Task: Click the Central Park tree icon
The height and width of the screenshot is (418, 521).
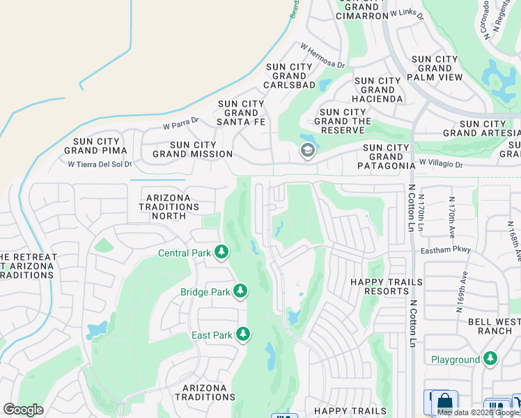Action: [221, 252]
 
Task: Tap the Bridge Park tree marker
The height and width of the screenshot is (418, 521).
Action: [240, 291]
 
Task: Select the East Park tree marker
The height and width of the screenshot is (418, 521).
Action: [243, 335]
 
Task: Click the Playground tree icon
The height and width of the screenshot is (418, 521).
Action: [490, 359]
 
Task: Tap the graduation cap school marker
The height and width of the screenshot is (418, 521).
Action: [307, 150]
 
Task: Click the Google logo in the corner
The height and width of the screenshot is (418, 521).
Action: [23, 410]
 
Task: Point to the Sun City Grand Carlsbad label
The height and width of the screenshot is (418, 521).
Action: [289, 76]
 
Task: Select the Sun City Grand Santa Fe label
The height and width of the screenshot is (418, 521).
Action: [242, 113]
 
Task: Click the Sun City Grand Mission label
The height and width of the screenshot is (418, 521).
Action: [192, 149]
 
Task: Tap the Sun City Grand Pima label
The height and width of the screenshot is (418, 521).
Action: [95, 145]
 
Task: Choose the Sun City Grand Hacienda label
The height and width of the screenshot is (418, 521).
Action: [378, 90]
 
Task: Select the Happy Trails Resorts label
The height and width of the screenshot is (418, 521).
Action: [378, 286]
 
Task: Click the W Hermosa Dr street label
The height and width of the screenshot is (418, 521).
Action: [322, 56]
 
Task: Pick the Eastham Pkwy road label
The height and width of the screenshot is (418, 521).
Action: [446, 249]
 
